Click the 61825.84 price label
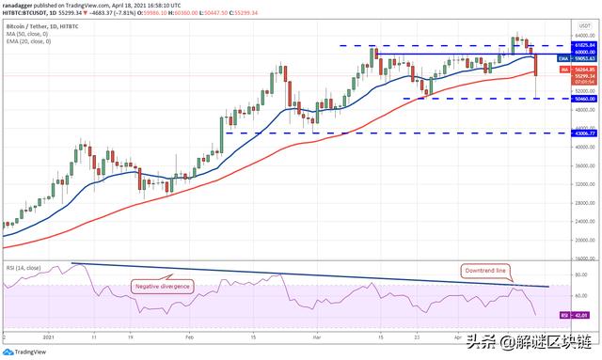pyautogui.click(x=571, y=45)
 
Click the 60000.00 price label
pyautogui.click(x=571, y=53)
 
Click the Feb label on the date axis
pyautogui.click(x=191, y=336)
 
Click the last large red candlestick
pyautogui.click(x=535, y=64)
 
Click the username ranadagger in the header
pyautogui.click(x=19, y=6)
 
